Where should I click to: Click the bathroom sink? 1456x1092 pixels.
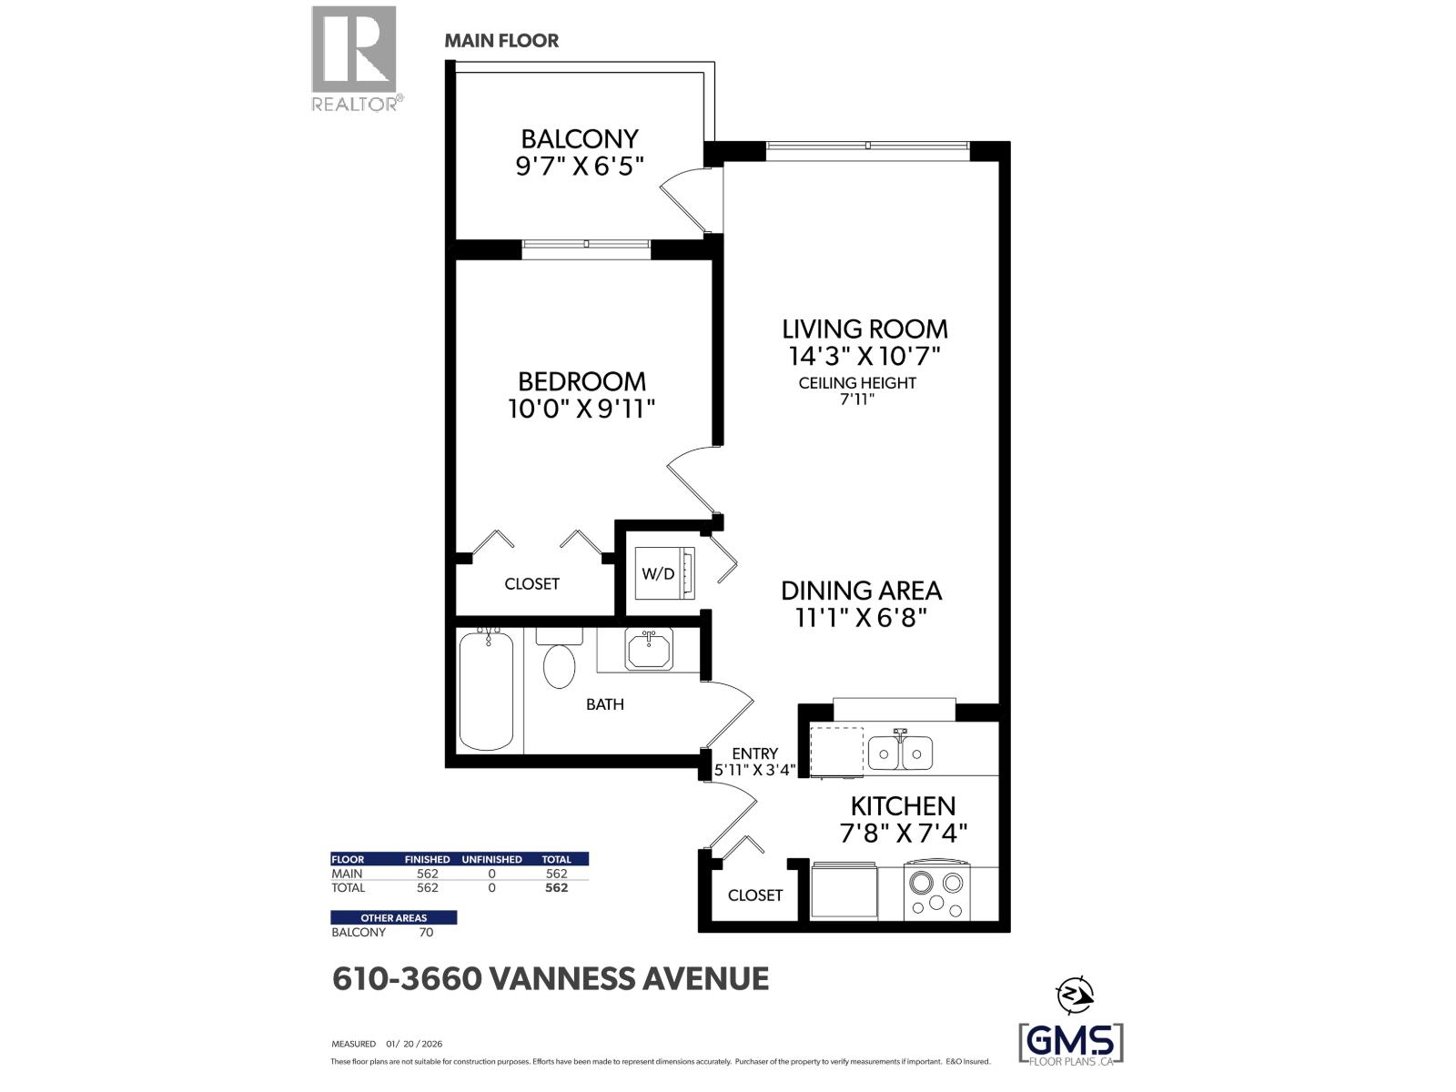click(x=649, y=650)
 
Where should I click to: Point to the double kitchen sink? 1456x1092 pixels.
click(x=900, y=752)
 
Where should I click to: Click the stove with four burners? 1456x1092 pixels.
click(x=936, y=892)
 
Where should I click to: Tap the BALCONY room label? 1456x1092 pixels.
click(x=580, y=139)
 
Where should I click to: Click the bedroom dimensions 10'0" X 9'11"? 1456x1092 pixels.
click(x=581, y=409)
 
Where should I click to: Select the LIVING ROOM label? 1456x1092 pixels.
click(x=864, y=329)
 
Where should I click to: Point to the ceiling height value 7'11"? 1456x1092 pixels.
click(x=856, y=399)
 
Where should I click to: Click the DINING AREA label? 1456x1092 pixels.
click(x=861, y=591)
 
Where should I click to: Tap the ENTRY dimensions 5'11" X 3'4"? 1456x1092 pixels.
click(x=755, y=769)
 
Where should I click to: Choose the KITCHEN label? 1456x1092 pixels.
click(x=903, y=805)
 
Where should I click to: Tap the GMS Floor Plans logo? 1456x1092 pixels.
click(x=1070, y=1042)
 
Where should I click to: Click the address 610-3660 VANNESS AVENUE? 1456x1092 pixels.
click(x=551, y=979)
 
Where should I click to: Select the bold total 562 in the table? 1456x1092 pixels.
click(x=556, y=887)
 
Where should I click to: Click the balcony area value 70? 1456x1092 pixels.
click(x=425, y=932)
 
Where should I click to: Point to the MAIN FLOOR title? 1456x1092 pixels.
click(x=501, y=41)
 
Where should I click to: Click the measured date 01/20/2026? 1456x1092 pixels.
click(x=414, y=1044)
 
